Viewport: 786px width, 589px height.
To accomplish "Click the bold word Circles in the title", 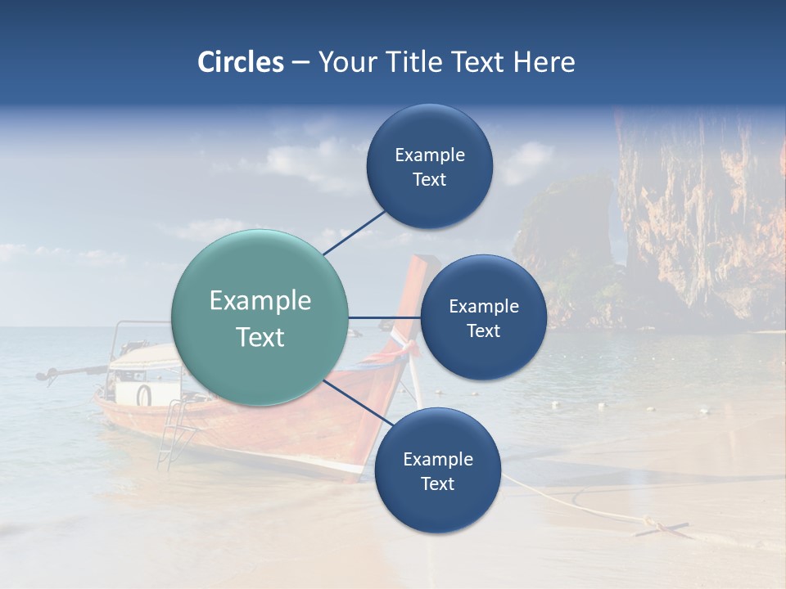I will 241,62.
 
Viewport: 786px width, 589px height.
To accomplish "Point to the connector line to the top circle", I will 354,233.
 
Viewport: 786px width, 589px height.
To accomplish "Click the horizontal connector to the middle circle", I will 384,317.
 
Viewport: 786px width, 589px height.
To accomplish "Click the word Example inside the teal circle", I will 260,301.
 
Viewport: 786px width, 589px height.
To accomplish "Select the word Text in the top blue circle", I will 429,180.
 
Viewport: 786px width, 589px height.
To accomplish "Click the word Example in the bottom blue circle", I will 437,459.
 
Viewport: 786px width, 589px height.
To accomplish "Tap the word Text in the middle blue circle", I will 483,331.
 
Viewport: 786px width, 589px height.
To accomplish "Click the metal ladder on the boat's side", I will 174,434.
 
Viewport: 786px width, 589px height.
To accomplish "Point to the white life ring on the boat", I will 144,395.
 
